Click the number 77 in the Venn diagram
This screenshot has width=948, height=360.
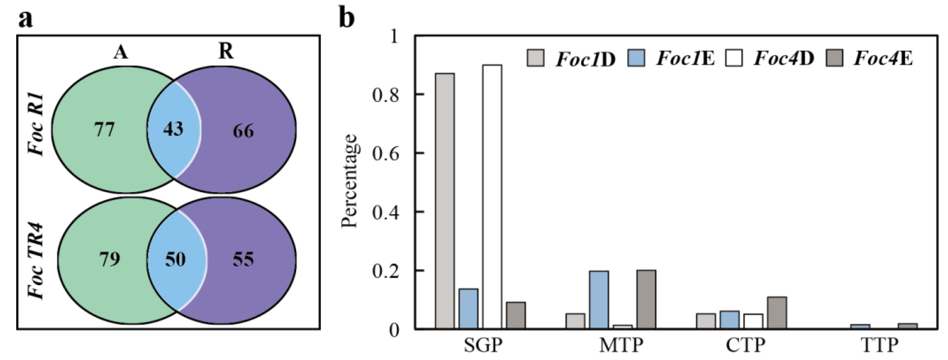pyautogui.click(x=105, y=130)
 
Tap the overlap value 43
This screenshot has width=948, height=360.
pyautogui.click(x=173, y=129)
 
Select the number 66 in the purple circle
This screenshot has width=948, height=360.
pyautogui.click(x=243, y=131)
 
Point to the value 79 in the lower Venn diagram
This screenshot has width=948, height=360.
pyautogui.click(x=109, y=259)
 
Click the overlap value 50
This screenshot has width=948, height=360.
pyautogui.click(x=175, y=259)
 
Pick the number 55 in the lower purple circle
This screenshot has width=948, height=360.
pyautogui.click(x=243, y=259)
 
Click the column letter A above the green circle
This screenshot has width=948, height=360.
pyautogui.click(x=121, y=52)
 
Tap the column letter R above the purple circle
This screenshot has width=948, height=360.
pyautogui.click(x=226, y=51)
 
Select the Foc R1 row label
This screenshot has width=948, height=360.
pyautogui.click(x=36, y=125)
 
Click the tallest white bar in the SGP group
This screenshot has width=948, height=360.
pyautogui.click(x=492, y=197)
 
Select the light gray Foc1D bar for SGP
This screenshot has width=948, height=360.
pyautogui.click(x=444, y=201)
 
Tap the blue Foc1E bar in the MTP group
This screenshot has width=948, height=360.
pyautogui.click(x=599, y=299)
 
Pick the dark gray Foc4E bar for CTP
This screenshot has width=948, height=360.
pyautogui.click(x=777, y=313)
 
